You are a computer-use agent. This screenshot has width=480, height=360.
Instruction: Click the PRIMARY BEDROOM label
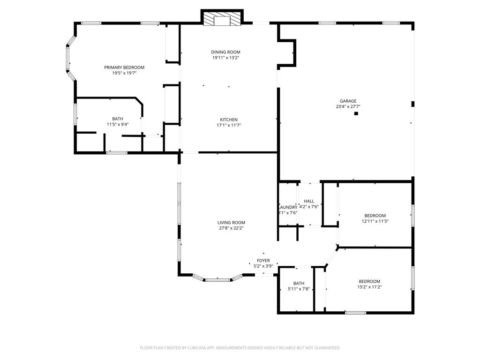pyautogui.click(x=124, y=67)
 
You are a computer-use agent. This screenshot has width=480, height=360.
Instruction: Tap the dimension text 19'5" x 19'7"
pyautogui.click(x=124, y=73)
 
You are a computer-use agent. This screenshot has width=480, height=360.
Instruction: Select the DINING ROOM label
pyautogui.click(x=225, y=52)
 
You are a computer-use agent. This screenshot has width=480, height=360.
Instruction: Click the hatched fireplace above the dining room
pyautogui.click(x=222, y=19)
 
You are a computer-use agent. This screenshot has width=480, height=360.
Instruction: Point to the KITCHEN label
pyautogui.click(x=229, y=120)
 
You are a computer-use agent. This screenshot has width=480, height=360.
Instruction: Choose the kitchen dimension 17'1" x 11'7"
pyautogui.click(x=229, y=125)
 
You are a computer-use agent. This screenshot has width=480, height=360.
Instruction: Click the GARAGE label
pyautogui.click(x=348, y=101)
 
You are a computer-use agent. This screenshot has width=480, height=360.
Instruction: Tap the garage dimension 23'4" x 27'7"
pyautogui.click(x=348, y=106)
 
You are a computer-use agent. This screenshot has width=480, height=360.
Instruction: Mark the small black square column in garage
pyautogui.click(x=356, y=113)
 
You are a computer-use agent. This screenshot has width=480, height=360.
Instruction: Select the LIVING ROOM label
pyautogui.click(x=231, y=223)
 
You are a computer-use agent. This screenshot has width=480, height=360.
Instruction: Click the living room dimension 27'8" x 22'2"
pyautogui.click(x=231, y=228)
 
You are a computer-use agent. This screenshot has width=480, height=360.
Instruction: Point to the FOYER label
pyautogui.click(x=263, y=261)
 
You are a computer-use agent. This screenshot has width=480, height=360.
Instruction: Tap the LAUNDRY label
pyautogui.click(x=288, y=207)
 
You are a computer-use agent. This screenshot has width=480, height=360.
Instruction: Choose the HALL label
pyautogui.click(x=309, y=201)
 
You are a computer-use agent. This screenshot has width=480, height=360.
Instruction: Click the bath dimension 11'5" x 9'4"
pyautogui.click(x=118, y=124)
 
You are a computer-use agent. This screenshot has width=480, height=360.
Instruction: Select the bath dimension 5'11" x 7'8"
pyautogui.click(x=299, y=289)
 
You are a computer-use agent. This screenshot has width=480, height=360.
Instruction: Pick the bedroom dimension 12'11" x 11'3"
pyautogui.click(x=375, y=221)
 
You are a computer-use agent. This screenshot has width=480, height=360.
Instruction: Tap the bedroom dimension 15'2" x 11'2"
pyautogui.click(x=370, y=287)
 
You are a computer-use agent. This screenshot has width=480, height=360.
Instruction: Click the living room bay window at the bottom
pyautogui.click(x=218, y=280)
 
